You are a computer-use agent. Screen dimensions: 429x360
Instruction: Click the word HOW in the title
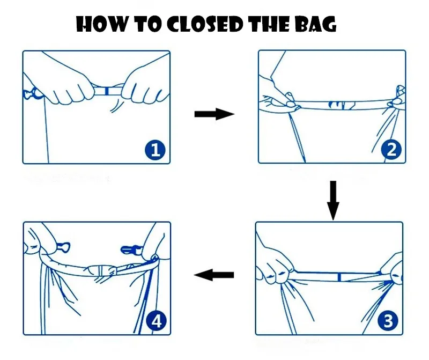[101, 24]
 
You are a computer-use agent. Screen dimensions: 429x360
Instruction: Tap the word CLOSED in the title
[205, 24]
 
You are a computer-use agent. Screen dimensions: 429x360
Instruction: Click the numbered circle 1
[155, 150]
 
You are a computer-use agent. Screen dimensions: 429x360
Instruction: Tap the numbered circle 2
[391, 149]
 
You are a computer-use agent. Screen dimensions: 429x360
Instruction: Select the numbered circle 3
[388, 320]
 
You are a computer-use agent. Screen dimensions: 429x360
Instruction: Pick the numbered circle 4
[156, 321]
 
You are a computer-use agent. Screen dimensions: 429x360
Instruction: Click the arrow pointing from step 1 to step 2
[214, 114]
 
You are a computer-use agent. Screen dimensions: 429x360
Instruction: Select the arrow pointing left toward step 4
[214, 275]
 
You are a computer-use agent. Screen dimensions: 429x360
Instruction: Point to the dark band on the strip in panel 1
[107, 91]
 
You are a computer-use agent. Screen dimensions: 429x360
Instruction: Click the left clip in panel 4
[63, 248]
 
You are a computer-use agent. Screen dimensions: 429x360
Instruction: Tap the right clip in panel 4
[131, 249]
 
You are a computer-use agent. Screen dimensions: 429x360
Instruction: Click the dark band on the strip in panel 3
[339, 277]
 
